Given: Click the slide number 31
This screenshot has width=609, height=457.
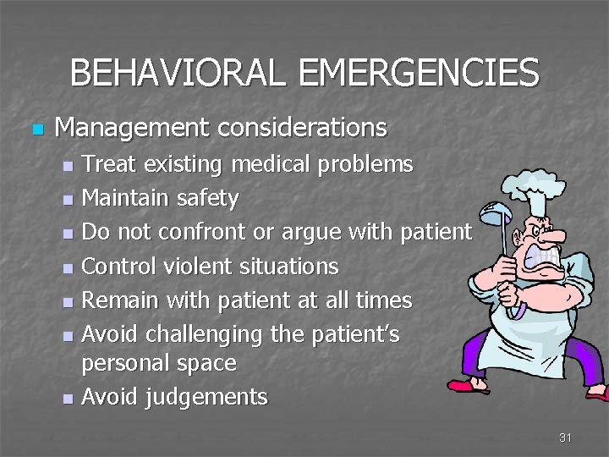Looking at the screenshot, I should pyautogui.click(x=565, y=438).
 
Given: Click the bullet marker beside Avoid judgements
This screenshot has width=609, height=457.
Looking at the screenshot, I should pyautogui.click(x=69, y=398).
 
